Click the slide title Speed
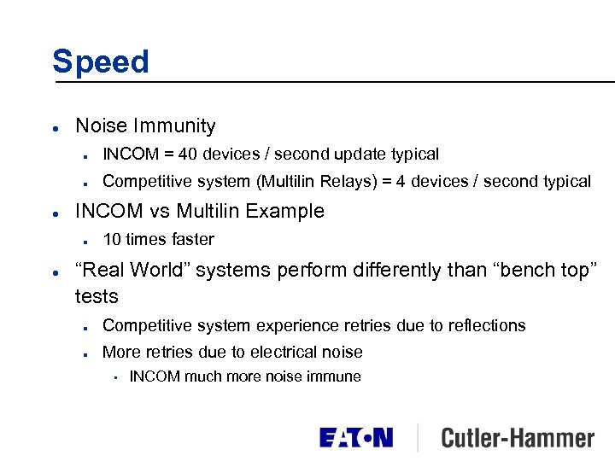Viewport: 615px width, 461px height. (100, 61)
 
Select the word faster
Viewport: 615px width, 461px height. (193, 240)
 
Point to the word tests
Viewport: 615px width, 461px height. (97, 296)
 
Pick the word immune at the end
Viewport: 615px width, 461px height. (335, 376)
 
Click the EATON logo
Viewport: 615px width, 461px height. (356, 438)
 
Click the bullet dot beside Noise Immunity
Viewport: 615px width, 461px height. (55, 127)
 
